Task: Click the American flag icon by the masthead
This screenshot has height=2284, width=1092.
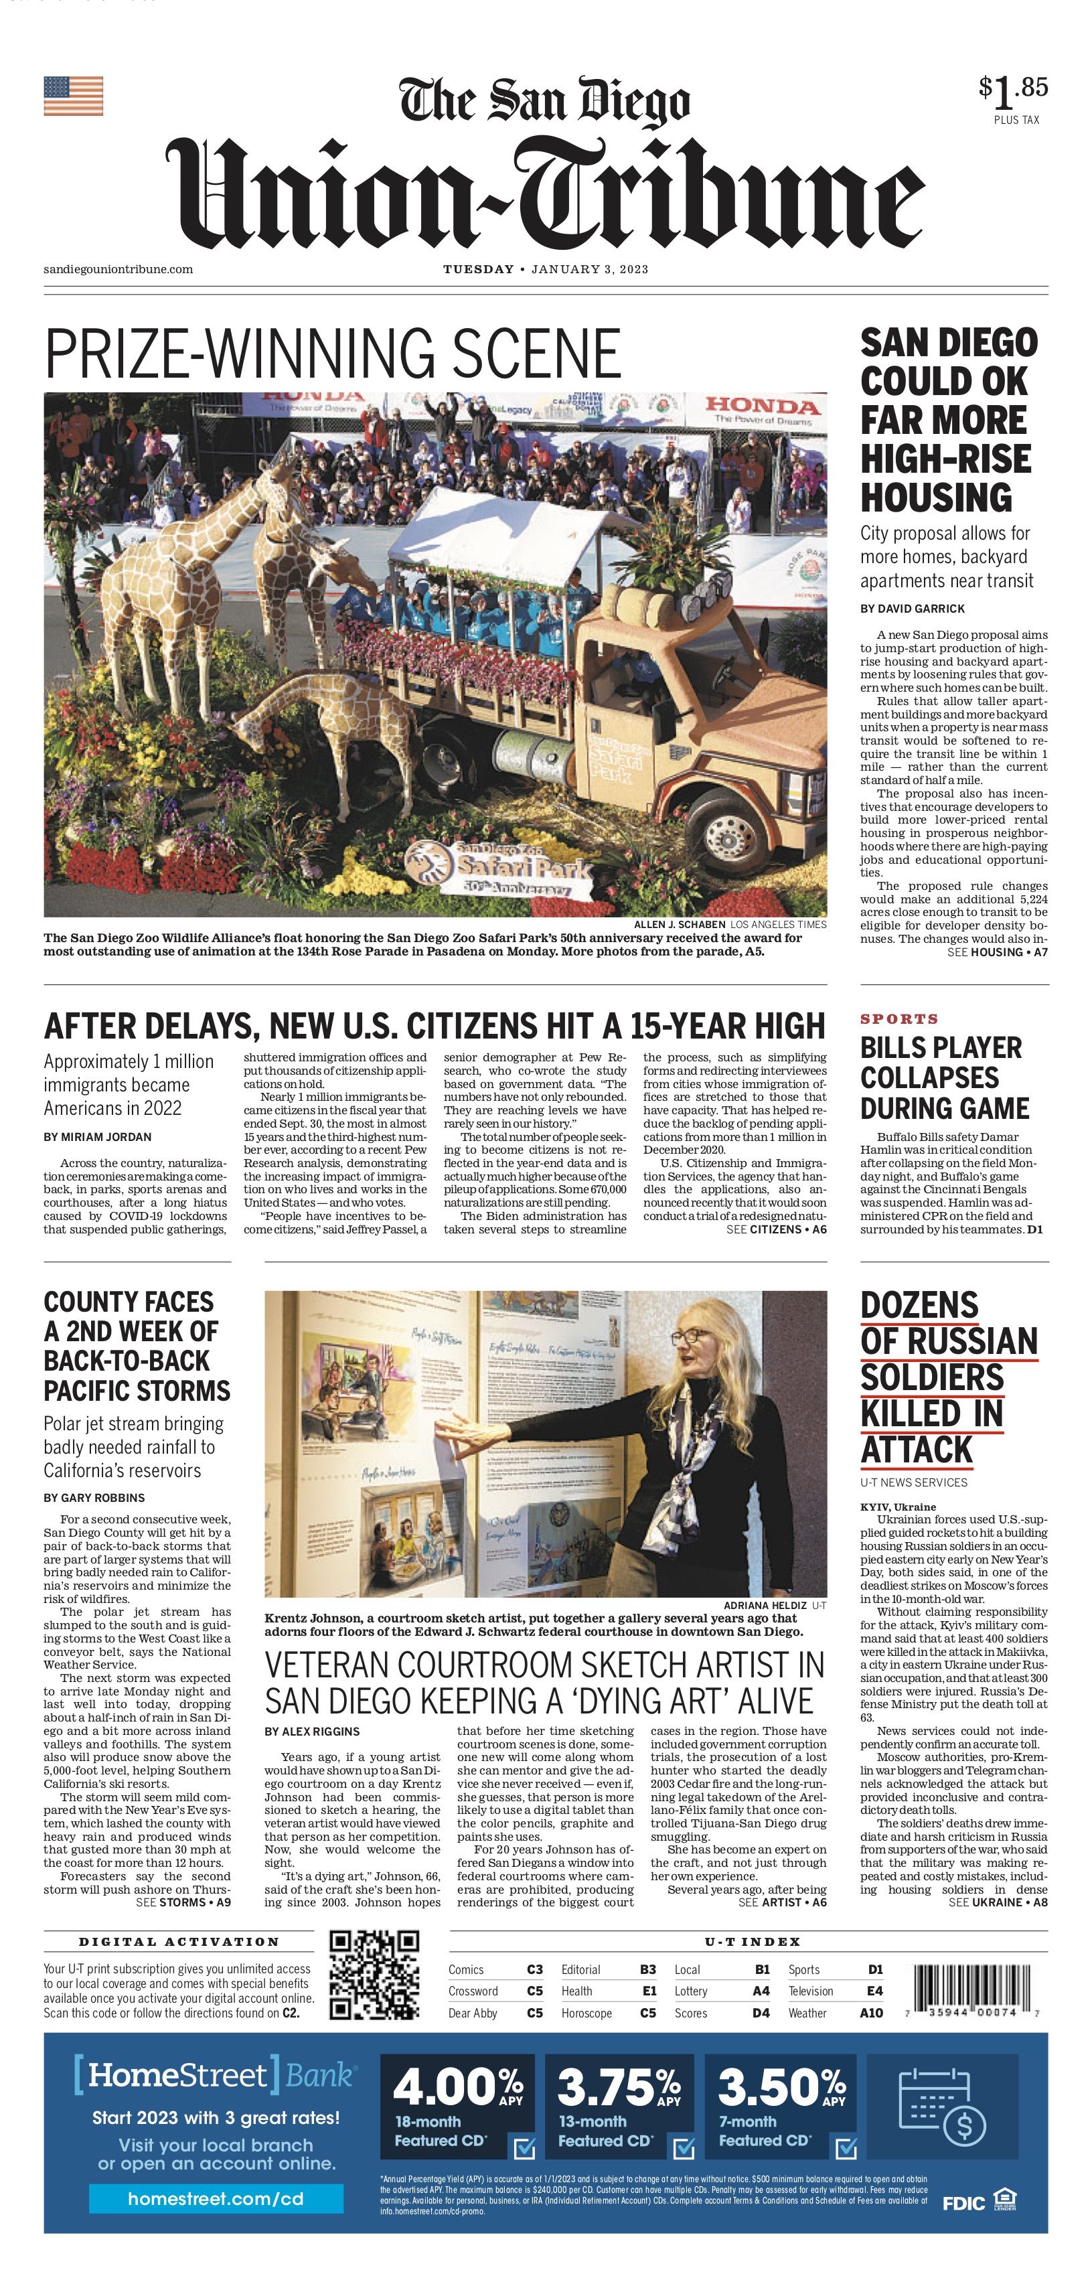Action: (74, 96)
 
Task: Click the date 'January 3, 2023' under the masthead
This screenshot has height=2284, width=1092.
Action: (589, 270)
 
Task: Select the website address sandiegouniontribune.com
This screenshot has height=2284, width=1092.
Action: (118, 270)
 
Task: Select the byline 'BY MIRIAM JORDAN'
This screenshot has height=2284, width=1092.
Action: (98, 1137)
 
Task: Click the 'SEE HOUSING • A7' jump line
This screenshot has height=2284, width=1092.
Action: (997, 952)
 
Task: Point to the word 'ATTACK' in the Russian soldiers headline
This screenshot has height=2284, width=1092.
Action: (917, 1450)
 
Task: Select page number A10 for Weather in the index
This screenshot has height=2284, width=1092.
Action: (870, 2013)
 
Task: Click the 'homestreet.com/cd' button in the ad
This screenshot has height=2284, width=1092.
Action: (216, 2198)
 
